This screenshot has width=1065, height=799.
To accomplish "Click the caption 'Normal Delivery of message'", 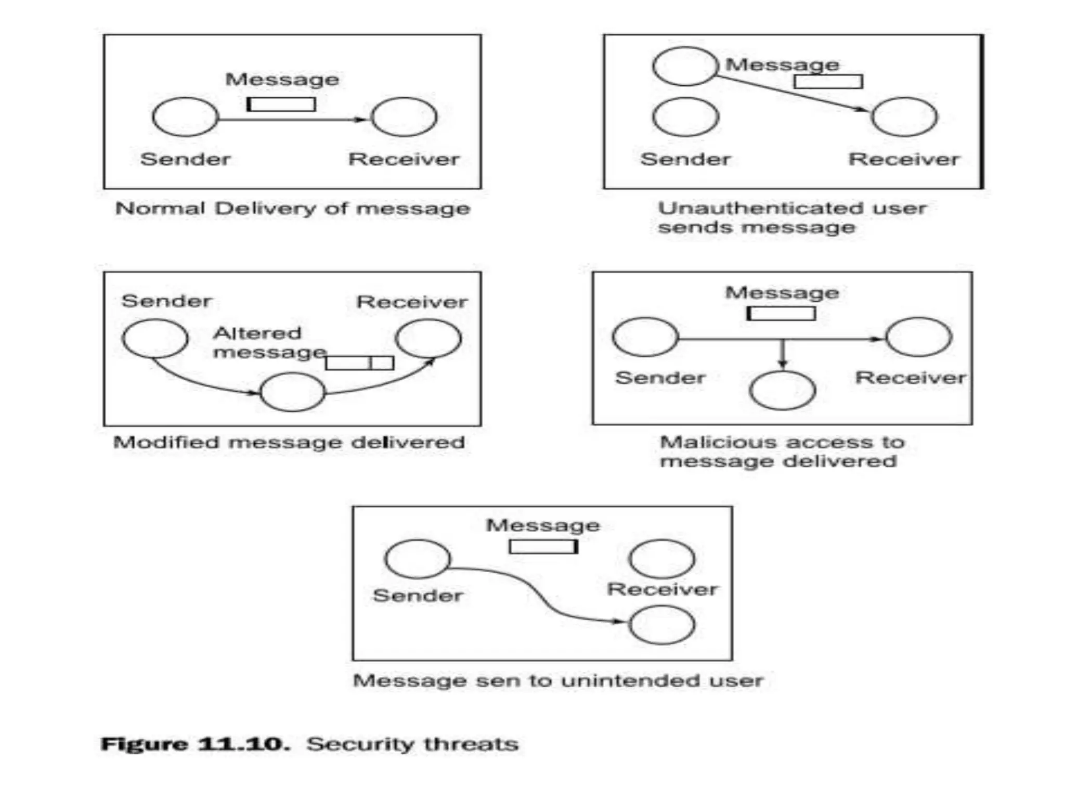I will pos(293,209).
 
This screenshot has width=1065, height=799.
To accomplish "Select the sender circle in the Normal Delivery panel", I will pos(185,117).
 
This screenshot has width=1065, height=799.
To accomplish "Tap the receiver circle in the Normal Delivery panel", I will pos(405,117).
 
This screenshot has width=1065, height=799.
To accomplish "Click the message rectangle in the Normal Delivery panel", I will pos(281,105).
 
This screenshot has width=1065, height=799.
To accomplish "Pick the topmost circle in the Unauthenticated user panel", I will pos(685,66).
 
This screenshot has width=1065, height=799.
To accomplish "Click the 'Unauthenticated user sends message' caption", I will pos(791,217).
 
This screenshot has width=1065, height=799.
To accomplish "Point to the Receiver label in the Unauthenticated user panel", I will pos(904,159).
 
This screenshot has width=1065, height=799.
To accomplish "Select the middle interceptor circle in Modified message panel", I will pos(293,392).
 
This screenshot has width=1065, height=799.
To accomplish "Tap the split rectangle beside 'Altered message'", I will pos(359,363).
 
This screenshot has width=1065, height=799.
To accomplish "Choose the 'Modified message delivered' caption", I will pos(289,443).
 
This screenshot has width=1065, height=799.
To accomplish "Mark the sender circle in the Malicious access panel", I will pos(645,337).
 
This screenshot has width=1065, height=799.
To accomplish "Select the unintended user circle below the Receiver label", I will pos(661,625).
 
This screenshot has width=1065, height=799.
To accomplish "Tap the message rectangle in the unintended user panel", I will pos(543,547).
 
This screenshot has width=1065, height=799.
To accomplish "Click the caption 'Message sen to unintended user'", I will pos(558,680).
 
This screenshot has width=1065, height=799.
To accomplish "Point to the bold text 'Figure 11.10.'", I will pos(196,744).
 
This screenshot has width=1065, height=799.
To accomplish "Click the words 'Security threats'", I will pos(412,744).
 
